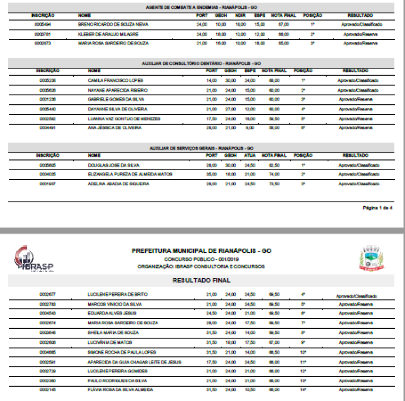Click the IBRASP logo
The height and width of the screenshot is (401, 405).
pos(34,259)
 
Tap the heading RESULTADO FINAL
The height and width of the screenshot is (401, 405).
pos(202,280)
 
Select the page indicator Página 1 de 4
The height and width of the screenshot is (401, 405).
pos(377,208)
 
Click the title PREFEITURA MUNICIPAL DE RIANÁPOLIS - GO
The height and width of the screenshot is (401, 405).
pos(201,251)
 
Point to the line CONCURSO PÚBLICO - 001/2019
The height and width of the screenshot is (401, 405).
pos(201,259)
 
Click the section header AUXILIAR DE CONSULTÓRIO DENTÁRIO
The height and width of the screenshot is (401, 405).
pos(201,64)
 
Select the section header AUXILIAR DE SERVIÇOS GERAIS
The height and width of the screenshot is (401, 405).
pos(201,148)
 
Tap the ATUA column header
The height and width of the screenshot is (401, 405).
pos(249,155)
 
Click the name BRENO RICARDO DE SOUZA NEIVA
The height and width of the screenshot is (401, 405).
pos(113,25)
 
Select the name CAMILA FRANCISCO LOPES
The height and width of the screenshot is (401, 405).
pos(115,80)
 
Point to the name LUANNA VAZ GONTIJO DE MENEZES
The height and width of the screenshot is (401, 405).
pos(124,119)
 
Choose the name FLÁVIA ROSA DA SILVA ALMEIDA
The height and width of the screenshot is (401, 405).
pos(120,390)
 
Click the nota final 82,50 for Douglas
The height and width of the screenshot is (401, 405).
pos(274,165)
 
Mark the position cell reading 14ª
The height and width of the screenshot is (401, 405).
pos(303,390)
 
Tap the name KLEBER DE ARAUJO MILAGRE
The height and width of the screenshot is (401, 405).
pos(109,34)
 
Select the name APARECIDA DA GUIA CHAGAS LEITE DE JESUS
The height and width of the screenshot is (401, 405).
pos(134,362)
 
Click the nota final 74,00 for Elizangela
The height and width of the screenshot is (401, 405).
pos(274,174)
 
